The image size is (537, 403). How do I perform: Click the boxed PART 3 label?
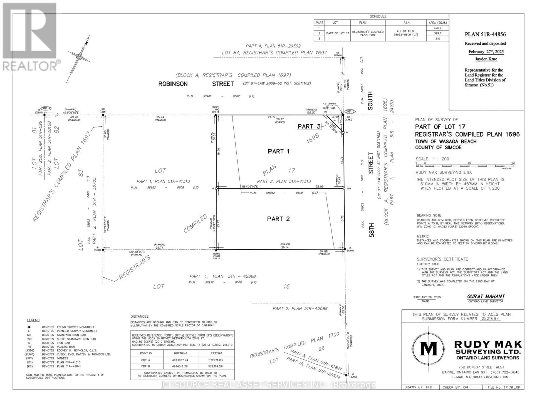click(x=309, y=126)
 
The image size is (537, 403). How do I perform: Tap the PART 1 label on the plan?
click(x=279, y=151)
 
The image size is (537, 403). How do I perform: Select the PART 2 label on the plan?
click(x=278, y=219)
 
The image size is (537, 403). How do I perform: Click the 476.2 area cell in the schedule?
click(x=438, y=28)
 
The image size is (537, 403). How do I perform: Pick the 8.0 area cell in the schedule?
click(x=438, y=39)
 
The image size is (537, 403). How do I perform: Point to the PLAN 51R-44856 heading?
click(x=485, y=34)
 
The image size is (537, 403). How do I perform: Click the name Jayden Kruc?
click(x=486, y=59)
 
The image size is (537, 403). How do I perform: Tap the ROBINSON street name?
click(x=173, y=84)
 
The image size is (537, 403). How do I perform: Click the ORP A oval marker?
click(x=46, y=108)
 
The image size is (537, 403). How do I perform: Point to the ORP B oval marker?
click(x=349, y=111)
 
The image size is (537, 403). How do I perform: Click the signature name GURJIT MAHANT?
click(x=486, y=296)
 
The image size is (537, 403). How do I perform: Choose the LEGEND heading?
click(x=33, y=320)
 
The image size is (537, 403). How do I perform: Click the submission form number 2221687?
click(x=490, y=319)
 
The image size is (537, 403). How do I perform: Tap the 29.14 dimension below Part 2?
click(x=285, y=247)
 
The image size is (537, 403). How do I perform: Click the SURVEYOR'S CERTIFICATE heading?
click(x=442, y=259)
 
